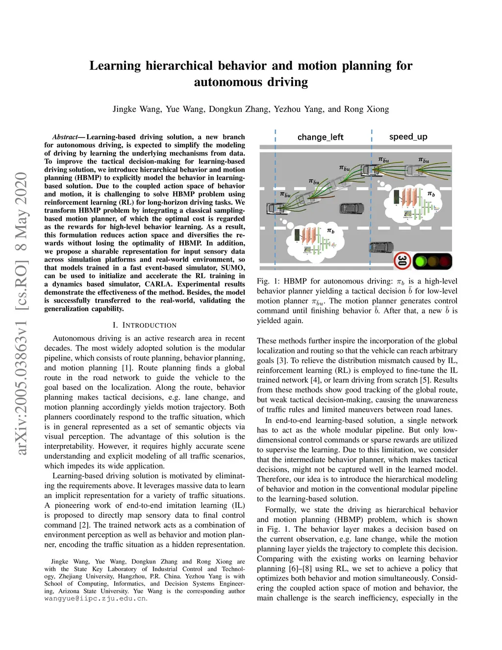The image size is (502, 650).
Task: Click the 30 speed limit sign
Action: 402,261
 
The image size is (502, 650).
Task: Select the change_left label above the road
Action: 320,137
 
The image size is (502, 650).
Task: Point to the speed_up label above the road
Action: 408,137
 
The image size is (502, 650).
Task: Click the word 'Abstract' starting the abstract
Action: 65,137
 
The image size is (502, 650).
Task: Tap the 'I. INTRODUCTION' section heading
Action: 144,325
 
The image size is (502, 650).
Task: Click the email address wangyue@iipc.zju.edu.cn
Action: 95,598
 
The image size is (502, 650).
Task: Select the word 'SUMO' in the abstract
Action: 233,268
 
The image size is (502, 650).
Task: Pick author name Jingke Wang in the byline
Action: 136,109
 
